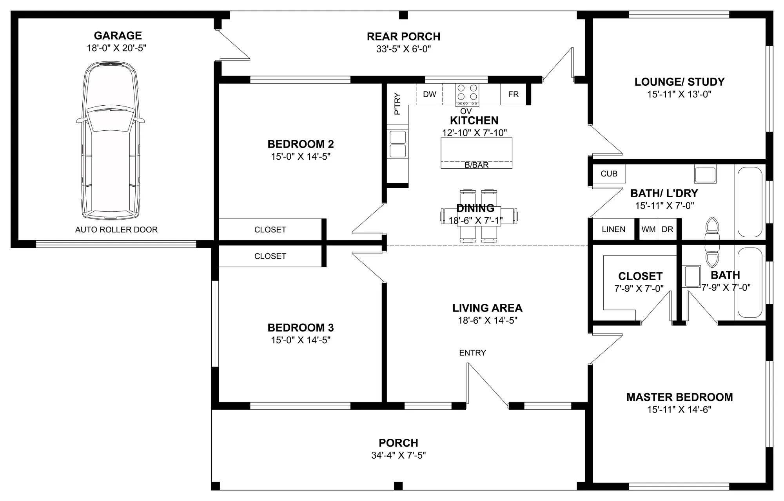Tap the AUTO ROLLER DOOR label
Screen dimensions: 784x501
(x=116, y=230)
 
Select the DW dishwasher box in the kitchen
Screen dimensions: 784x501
(x=430, y=94)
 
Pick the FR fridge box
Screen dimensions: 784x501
(x=513, y=94)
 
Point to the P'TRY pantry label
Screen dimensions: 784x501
(x=397, y=104)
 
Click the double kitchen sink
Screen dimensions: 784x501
(x=397, y=144)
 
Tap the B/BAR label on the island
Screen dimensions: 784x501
(x=477, y=165)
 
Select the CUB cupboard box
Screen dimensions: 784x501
(x=609, y=174)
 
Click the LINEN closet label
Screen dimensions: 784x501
(x=613, y=230)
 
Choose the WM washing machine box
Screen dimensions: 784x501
(x=648, y=230)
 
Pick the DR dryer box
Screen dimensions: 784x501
(x=668, y=230)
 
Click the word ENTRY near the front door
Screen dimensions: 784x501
(x=472, y=353)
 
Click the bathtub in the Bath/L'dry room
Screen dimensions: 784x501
(x=750, y=202)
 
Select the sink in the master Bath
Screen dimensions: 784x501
(x=692, y=276)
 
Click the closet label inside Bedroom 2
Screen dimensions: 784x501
(x=270, y=230)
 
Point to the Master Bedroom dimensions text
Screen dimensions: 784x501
(x=679, y=410)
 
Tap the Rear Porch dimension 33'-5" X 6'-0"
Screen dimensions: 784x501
(x=404, y=49)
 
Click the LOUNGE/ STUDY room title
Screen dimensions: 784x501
(x=679, y=82)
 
